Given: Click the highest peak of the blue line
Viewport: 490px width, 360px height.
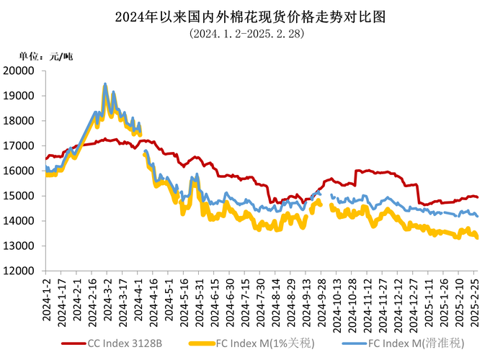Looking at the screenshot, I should pos(105,84).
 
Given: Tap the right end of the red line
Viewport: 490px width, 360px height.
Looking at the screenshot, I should pos(478,197).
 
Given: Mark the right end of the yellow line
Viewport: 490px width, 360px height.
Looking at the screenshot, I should pos(478,238).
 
